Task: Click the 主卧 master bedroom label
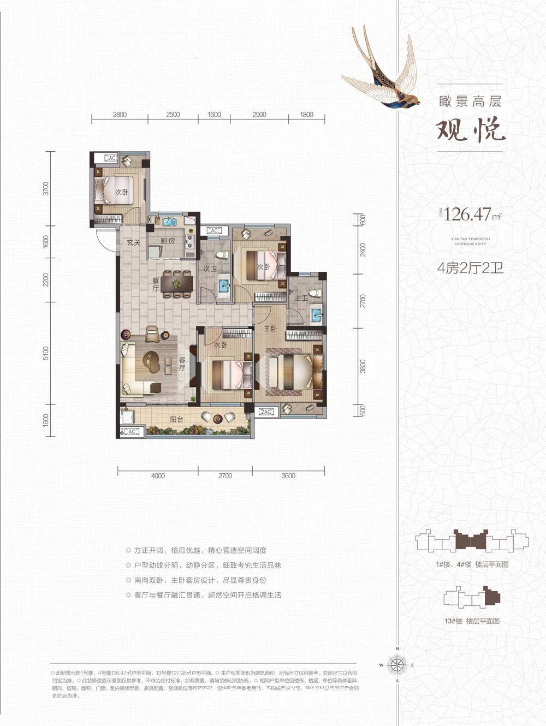[269, 329]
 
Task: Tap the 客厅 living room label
[182, 364]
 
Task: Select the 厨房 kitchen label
[168, 241]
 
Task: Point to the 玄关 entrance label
[134, 242]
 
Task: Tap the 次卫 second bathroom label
[210, 269]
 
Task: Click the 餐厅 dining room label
[156, 284]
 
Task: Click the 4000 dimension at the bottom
[158, 475]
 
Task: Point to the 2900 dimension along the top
[259, 115]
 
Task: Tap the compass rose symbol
[397, 664]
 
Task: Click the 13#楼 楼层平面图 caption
[472, 621]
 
